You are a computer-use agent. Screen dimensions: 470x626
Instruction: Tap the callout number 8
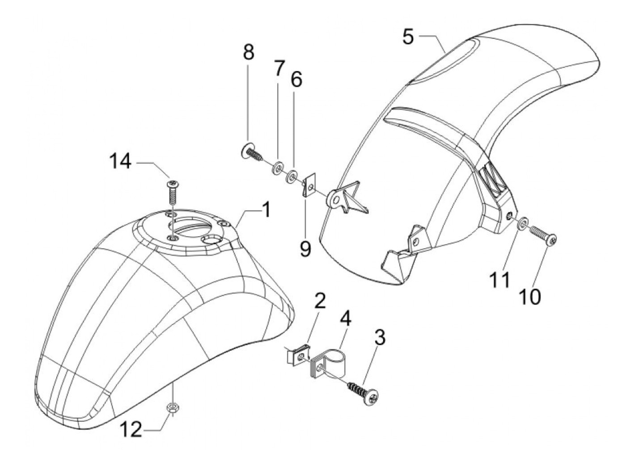point(249,52)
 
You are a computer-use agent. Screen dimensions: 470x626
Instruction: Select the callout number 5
point(408,37)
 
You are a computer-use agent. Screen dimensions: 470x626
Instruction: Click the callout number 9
point(305,248)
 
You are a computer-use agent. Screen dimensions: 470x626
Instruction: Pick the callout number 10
point(530,296)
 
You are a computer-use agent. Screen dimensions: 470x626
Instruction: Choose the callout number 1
point(266,210)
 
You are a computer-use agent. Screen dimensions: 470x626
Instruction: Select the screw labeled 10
point(543,235)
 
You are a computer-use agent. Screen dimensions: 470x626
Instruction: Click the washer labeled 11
point(523,223)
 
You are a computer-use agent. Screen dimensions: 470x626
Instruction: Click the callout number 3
point(380,338)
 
